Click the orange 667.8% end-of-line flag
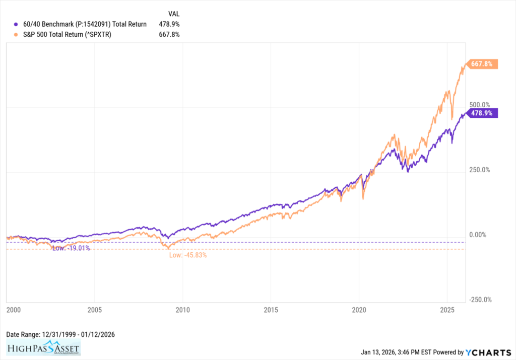[483, 64]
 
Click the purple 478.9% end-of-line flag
[483, 113]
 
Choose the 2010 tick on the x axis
[182, 308]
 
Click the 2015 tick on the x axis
[271, 308]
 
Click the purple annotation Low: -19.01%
[71, 248]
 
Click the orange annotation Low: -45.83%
[188, 255]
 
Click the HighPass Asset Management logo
[43, 348]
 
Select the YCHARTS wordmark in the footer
[488, 352]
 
